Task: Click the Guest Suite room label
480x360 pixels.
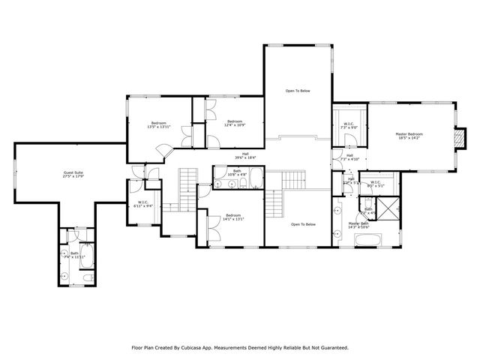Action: coord(73,175)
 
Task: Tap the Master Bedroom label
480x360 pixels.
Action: coord(411,136)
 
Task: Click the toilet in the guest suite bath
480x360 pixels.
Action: coord(88,277)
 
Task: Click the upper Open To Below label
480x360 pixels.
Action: coord(297,91)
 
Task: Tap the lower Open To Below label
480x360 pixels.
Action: coord(304,224)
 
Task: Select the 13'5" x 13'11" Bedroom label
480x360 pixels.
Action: coord(159,124)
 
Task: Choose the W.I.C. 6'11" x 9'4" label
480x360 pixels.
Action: coord(142,204)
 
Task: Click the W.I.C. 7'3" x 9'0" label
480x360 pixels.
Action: coord(349,125)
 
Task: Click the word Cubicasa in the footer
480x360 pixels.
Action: coord(195,347)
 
